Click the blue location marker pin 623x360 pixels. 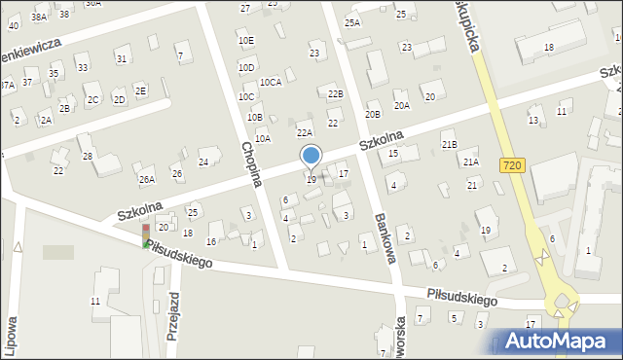[311, 156]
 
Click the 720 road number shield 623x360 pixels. [513, 166]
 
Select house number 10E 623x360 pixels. [245, 41]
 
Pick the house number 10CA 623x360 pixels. [270, 83]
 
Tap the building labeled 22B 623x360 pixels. [335, 93]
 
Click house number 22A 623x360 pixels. [305, 132]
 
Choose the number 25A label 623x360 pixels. [352, 22]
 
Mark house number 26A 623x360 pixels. [146, 179]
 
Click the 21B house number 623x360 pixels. [449, 145]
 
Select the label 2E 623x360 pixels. [141, 90]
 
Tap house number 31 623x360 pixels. [121, 59]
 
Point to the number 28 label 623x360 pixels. [87, 157]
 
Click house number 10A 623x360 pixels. [263, 139]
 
